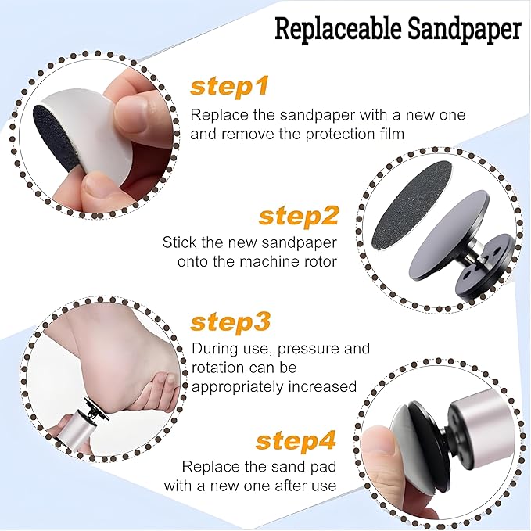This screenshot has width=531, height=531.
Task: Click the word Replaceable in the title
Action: click(339, 28)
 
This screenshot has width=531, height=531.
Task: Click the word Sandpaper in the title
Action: click(464, 30)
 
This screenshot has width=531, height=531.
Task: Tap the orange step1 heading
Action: click(230, 87)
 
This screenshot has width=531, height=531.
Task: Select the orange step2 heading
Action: click(299, 216)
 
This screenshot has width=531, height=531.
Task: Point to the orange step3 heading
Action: click(231, 322)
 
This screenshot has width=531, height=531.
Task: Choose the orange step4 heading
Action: click(296, 440)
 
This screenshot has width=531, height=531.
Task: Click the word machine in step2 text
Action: click(257, 262)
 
